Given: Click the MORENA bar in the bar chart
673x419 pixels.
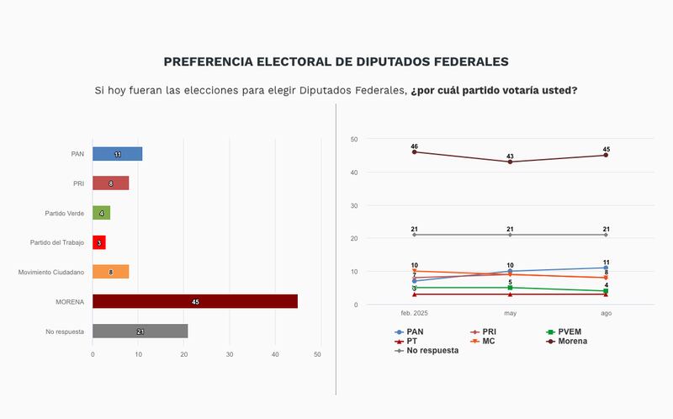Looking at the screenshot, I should coord(194,301).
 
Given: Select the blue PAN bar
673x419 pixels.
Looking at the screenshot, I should coord(117,154).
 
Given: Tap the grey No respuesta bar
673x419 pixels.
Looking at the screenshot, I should coord(140,331).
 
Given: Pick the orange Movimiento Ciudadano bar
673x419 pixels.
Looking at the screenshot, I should coord(110,272).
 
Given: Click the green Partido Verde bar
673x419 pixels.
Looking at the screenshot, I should coord(101,213).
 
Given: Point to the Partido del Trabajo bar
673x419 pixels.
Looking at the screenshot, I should coord(98,242).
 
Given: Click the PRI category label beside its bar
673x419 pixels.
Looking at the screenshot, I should coord(78,183).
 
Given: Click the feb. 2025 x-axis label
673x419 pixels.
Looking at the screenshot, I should coord(415,313).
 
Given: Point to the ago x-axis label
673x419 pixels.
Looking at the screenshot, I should coord(606,313).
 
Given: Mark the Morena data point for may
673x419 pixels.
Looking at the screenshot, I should coord(510,162).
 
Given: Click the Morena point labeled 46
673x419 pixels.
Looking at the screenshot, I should coord(414,152).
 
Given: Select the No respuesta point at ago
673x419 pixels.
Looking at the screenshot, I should coord(606,235).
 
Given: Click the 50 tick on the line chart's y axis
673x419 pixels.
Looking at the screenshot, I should coord(354,139).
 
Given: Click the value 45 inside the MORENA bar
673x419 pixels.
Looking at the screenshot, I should coord(195,301).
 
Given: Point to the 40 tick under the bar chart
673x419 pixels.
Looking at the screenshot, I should coord(275,354).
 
